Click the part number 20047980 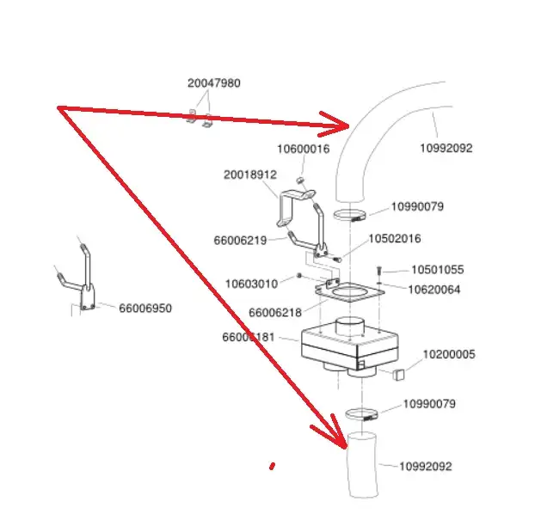(x=213, y=83)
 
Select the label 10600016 (x=303, y=149)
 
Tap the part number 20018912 (x=250, y=174)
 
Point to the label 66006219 (x=240, y=241)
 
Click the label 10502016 (x=395, y=238)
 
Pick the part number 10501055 (x=437, y=270)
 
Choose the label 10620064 (x=433, y=289)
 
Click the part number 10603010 (x=251, y=283)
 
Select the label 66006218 (x=275, y=313)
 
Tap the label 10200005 (x=448, y=354)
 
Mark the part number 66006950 (x=144, y=308)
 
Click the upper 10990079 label (x=417, y=206)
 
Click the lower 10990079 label (x=429, y=403)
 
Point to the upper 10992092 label (x=446, y=148)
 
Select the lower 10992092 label (x=425, y=467)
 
